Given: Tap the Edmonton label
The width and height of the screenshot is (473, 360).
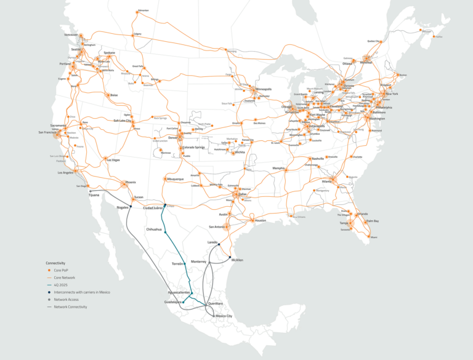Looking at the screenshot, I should click(144, 10).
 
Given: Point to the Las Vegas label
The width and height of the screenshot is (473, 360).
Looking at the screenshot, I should click(113, 160).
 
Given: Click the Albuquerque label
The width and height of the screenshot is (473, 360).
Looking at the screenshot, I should click(176, 178).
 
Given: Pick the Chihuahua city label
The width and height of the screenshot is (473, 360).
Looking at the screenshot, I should click(153, 229).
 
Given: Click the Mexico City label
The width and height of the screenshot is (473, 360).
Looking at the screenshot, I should click(224, 316).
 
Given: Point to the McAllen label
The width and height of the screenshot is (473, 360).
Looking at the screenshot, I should click(237, 260).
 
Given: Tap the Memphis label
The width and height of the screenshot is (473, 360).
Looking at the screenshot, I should click(279, 168).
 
